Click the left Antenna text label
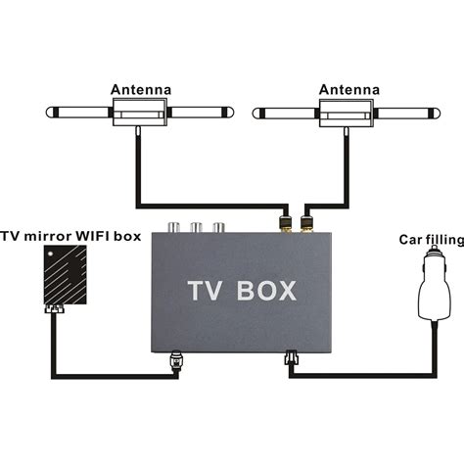pyautogui.click(x=140, y=89)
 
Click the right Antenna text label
pyautogui.click(x=348, y=89)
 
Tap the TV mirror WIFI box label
pyautogui.click(x=70, y=236)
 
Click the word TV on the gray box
pyautogui.click(x=209, y=292)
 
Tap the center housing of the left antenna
pyautogui.click(x=140, y=116)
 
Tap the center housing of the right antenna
pyautogui.click(x=348, y=116)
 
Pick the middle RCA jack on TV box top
pyautogui.click(x=197, y=228)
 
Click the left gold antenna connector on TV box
pyautogui.click(x=285, y=226)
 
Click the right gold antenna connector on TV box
pyautogui.click(x=305, y=226)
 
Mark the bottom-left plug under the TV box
pyautogui.click(x=177, y=360)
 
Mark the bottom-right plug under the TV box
pyautogui.click(x=291, y=359)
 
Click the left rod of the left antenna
pyautogui.click(x=76, y=114)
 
